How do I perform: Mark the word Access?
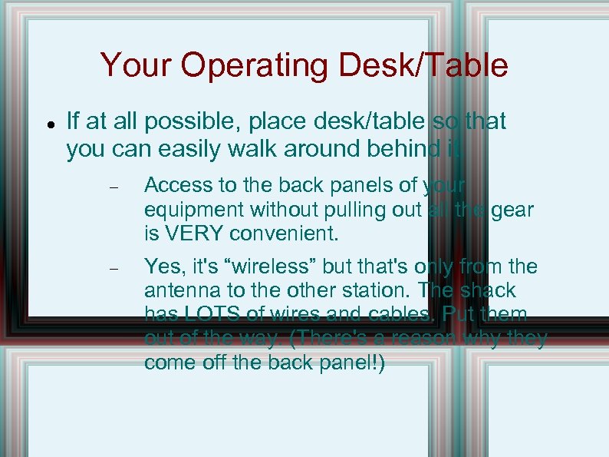[173, 185]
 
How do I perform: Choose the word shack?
[489, 291]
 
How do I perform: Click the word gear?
[513, 209]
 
